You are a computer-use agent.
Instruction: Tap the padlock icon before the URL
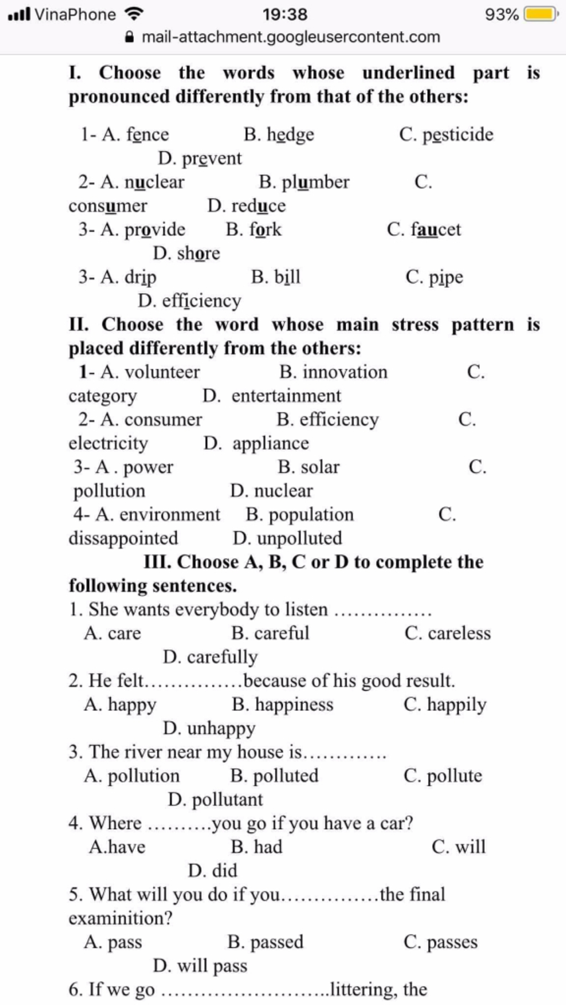coord(129,37)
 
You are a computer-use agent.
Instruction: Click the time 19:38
coord(285,14)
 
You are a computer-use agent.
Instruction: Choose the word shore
coord(198,253)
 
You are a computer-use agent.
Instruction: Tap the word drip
coord(140,277)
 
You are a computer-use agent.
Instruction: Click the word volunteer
coord(162,372)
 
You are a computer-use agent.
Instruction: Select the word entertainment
coord(286,396)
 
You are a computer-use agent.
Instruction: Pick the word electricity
coord(108,443)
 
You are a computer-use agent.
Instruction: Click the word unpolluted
coord(300,538)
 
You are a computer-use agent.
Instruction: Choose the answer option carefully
coord(222,657)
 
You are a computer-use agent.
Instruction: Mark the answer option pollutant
coord(227,800)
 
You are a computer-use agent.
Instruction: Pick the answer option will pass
coord(212,966)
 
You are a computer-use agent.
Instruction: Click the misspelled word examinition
coord(120,918)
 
